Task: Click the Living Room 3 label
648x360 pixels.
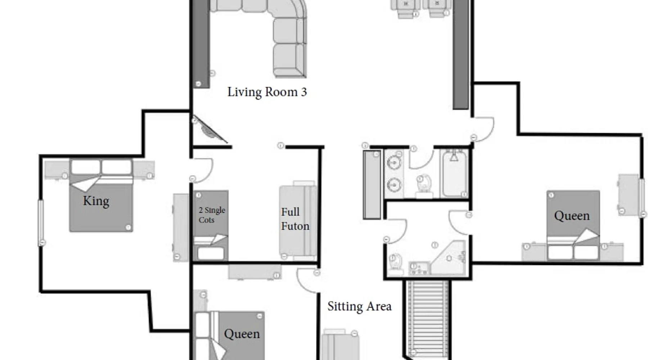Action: [267, 92]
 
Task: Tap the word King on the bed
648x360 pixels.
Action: [96, 201]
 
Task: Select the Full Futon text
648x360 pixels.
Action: [295, 219]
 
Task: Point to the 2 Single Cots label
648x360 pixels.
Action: [212, 215]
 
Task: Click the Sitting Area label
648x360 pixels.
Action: [359, 306]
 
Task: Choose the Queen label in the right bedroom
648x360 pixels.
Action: [572, 216]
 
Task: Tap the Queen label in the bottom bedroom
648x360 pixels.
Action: [242, 334]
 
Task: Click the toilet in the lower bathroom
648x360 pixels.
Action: [396, 264]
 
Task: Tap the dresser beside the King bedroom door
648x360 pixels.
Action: [181, 227]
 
